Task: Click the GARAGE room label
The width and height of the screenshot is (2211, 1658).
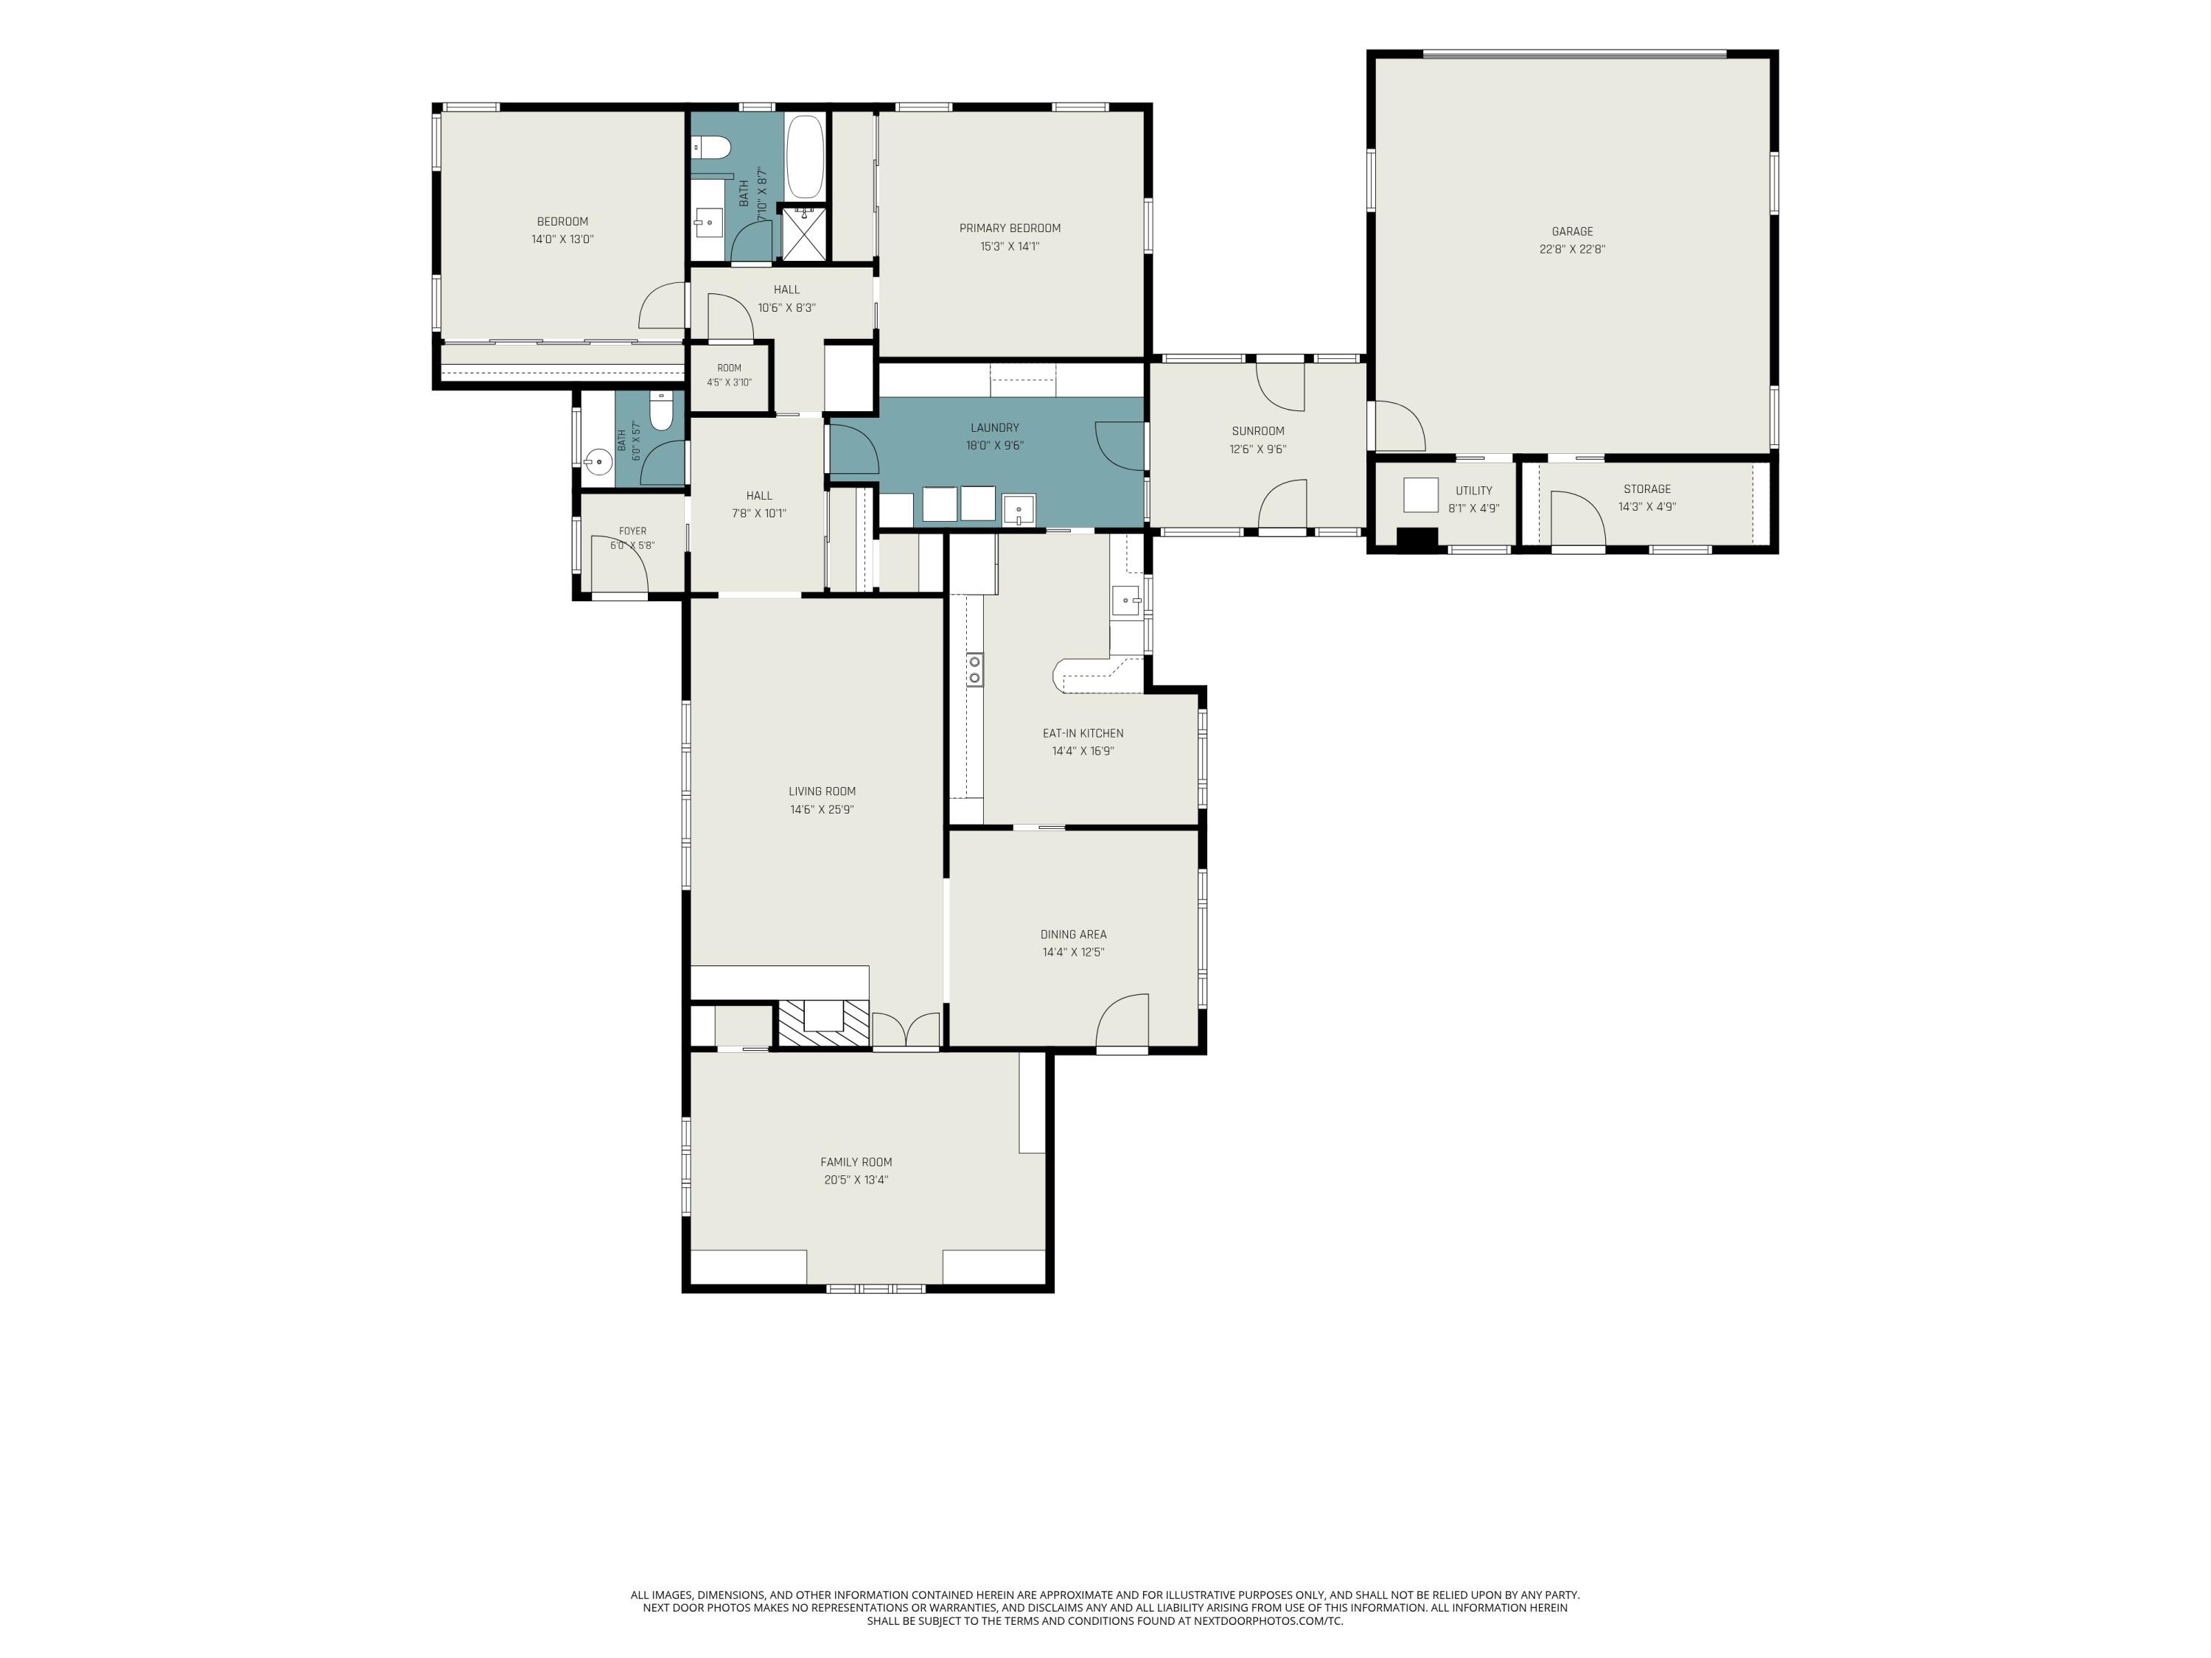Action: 1572,232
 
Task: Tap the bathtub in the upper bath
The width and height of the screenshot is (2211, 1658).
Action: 805,158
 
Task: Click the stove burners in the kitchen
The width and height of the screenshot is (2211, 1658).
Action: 974,670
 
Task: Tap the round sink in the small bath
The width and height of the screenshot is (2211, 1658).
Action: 598,463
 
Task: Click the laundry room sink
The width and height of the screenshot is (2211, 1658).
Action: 1019,510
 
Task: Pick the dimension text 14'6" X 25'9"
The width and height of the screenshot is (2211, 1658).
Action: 822,810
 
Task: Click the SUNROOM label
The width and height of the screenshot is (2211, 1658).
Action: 1257,431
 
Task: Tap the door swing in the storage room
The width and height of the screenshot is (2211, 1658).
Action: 1577,520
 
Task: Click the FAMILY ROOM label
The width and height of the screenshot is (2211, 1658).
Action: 856,1161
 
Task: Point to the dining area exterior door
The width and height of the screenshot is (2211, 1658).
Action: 1122,1021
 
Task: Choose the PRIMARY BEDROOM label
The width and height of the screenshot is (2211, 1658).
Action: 1010,228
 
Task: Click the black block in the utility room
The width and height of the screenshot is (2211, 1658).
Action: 1417,538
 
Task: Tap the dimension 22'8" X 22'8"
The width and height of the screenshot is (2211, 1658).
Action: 1572,250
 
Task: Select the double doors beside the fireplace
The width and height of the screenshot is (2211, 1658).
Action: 906,1030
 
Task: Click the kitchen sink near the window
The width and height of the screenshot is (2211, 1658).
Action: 1126,601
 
